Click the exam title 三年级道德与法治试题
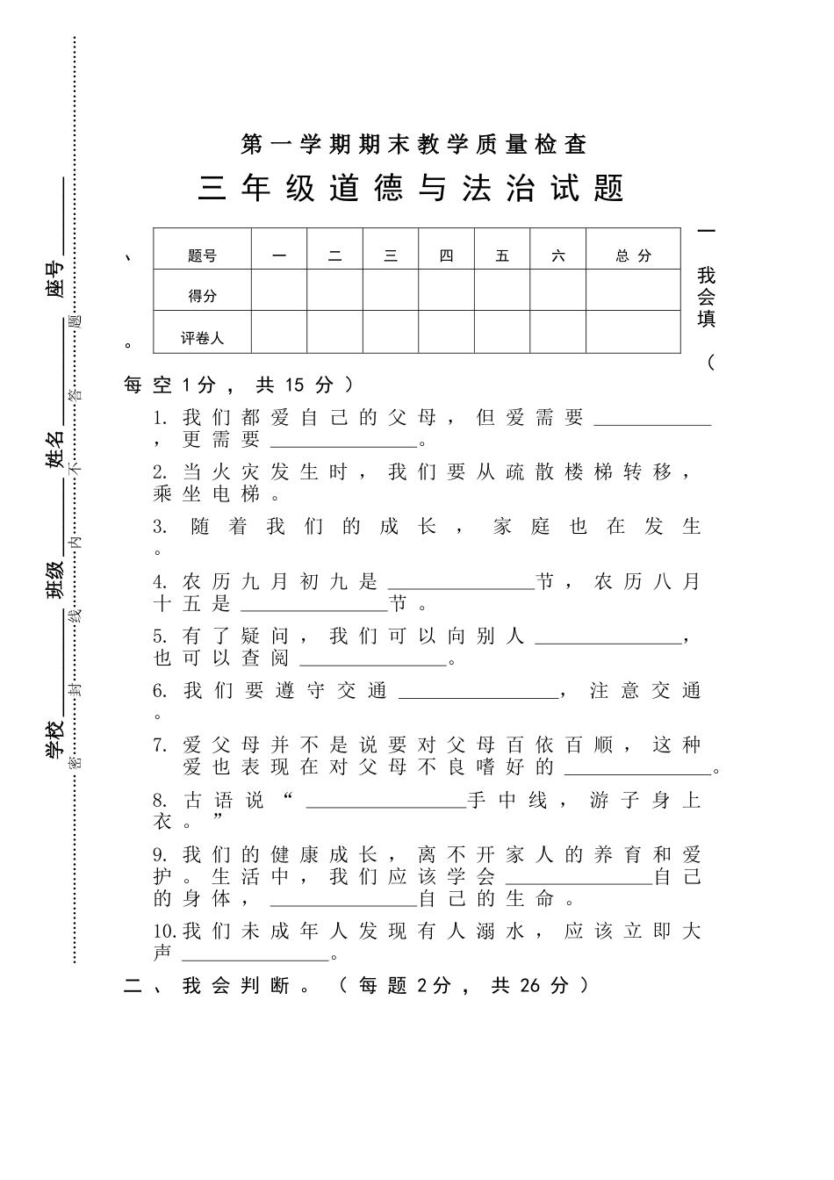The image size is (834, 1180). (411, 189)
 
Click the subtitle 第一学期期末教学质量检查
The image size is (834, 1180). (413, 143)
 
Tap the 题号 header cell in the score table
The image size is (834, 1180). (202, 256)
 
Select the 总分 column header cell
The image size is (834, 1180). (633, 255)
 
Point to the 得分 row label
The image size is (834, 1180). (202, 296)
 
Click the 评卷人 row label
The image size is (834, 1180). (202, 337)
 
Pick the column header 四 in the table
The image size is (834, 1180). (446, 255)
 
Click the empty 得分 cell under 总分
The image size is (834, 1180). (633, 291)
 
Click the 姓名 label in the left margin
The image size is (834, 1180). (55, 447)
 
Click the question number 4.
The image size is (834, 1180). (160, 581)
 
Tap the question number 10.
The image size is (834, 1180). (164, 931)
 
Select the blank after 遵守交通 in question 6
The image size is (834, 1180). (479, 691)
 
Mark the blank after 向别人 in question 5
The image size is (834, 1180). (608, 637)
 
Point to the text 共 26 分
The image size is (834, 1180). (530, 985)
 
